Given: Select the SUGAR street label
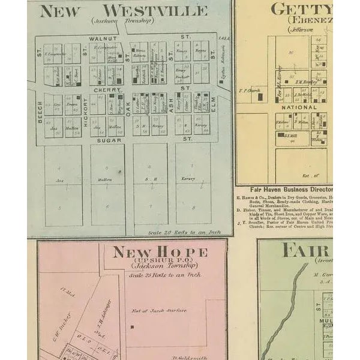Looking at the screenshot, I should [x=109, y=140].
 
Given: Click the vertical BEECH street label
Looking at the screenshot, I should [x=40, y=112].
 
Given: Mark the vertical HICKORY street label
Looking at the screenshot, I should [x=85, y=112].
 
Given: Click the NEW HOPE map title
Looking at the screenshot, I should [x=160, y=251].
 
